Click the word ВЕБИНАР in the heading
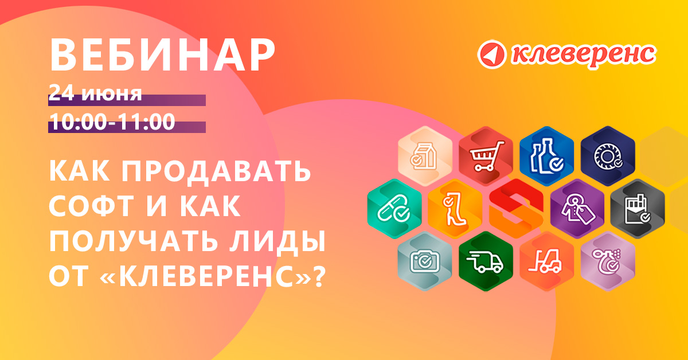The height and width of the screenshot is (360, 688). point(162,56)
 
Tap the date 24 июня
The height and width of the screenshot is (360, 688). point(95,93)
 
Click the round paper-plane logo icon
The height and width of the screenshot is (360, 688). point(492,54)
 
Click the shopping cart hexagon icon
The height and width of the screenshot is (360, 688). point(486,156)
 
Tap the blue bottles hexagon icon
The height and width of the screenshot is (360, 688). point(546,156)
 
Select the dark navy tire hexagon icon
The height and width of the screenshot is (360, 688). point(608,156)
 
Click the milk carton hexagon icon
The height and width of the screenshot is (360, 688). point(425,156)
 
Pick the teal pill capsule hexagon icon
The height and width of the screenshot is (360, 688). point(394,209)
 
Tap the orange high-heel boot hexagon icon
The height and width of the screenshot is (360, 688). point(455,209)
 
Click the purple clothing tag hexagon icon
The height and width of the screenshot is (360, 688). point(577,209)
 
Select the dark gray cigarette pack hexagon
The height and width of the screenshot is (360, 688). point(638,209)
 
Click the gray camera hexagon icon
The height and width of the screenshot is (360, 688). point(425,261)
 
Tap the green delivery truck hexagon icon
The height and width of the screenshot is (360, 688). point(486,261)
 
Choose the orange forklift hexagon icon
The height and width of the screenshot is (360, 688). point(546,261)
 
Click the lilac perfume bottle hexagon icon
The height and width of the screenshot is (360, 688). point(608,261)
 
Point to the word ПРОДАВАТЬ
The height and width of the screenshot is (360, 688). point(216,171)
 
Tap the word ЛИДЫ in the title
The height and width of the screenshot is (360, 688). point(277,242)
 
